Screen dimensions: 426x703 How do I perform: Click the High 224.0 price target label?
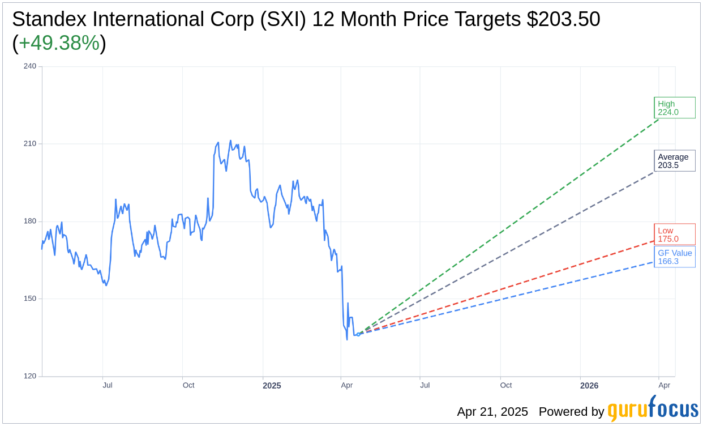point(674,108)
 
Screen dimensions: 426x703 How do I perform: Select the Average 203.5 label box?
point(674,161)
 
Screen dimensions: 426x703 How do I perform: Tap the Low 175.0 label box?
point(674,235)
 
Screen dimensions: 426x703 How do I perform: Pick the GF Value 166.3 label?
point(675,257)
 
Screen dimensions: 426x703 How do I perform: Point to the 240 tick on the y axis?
point(30,66)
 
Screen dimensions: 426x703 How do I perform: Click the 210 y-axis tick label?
point(30,144)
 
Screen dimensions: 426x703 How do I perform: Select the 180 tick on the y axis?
point(30,221)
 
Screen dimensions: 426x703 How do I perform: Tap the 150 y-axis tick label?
point(30,299)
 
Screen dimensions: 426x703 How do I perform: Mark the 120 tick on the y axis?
point(30,376)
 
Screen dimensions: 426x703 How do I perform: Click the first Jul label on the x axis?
point(108,385)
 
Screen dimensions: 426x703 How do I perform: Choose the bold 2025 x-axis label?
point(272,386)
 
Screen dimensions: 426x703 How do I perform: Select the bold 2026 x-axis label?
point(589,386)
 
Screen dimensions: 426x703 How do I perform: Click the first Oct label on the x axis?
point(188,385)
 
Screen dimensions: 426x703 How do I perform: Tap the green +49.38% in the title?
point(59,43)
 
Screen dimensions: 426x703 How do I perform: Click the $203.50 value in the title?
point(563,19)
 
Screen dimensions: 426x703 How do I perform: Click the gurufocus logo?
point(653,410)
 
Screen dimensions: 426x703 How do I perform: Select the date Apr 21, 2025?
point(492,412)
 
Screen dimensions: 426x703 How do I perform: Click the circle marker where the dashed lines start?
point(358,334)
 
